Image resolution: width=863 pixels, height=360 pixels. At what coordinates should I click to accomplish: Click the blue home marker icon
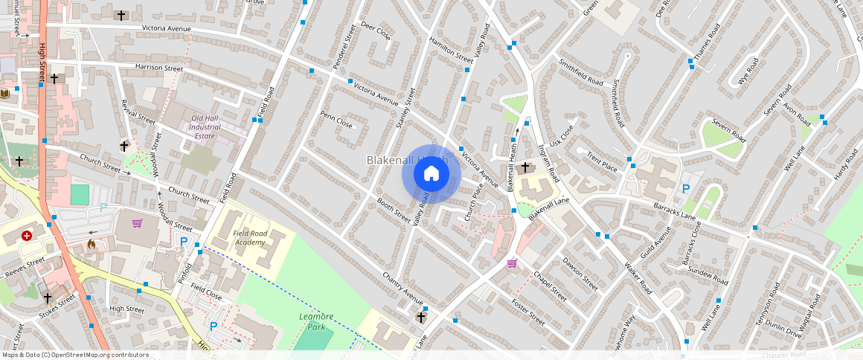click(431, 174)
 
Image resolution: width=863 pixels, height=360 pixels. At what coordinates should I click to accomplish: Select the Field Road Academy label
click(250, 237)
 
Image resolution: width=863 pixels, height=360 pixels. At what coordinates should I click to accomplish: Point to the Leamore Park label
click(316, 321)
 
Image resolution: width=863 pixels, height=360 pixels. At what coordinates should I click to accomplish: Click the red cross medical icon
click(28, 235)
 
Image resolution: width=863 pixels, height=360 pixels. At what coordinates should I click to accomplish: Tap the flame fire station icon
click(92, 243)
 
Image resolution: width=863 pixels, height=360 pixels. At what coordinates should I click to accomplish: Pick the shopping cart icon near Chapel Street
click(512, 263)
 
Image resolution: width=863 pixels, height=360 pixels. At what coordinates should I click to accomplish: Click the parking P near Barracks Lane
click(685, 189)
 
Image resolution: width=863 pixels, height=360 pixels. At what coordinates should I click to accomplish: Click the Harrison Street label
click(158, 68)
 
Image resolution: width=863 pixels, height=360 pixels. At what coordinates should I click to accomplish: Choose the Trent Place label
click(602, 161)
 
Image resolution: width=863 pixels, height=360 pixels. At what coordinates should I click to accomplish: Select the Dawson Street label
click(580, 274)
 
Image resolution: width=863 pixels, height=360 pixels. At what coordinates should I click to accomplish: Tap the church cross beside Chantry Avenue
click(421, 317)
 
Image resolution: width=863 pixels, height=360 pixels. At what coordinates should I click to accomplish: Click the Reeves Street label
click(25, 269)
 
